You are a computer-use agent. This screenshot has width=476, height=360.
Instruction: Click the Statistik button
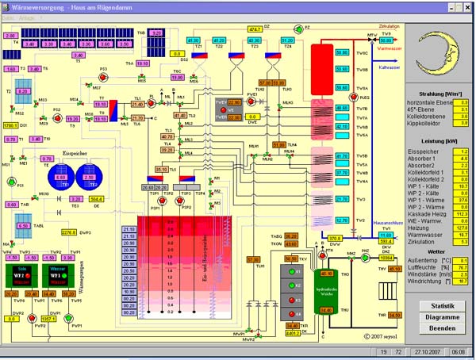click(x=441, y=305)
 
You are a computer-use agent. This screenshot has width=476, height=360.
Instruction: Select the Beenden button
click(x=441, y=327)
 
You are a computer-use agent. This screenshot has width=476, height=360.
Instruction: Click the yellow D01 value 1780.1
click(x=10, y=124)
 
